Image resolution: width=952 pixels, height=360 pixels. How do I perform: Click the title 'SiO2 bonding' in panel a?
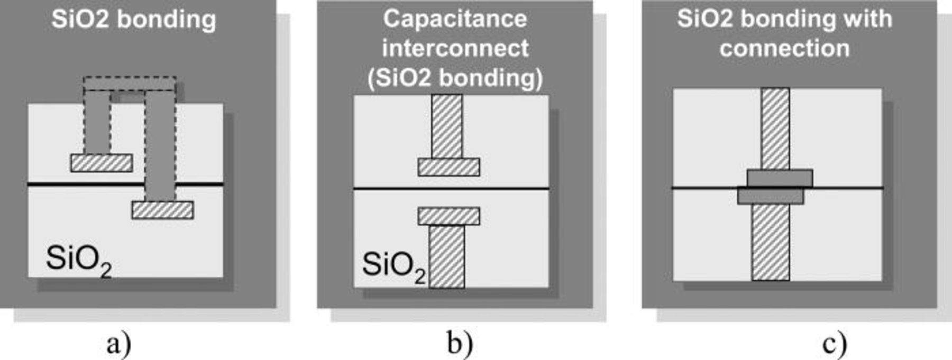pos(134,20)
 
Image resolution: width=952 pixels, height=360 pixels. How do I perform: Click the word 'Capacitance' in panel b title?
pos(455,19)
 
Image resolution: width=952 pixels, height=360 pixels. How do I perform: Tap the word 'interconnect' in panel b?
pos(455,49)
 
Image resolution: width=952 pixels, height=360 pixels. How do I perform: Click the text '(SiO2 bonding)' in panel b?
pos(455,78)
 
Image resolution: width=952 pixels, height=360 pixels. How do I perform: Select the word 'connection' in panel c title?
pos(784,49)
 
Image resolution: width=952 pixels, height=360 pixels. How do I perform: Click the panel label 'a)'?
pos(118,345)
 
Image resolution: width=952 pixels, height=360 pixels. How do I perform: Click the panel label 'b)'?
pos(460,345)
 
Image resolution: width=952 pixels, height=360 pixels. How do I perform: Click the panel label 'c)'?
pos(835,345)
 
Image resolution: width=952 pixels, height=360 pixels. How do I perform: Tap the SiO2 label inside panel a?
pos(78,260)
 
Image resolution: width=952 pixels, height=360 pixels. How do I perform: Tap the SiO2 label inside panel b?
pos(393,265)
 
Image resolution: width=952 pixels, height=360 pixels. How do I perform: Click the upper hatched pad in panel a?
pos(102,163)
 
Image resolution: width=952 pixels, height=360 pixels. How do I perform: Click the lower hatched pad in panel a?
pos(162,210)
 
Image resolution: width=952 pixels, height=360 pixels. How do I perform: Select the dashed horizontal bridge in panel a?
pos(130,84)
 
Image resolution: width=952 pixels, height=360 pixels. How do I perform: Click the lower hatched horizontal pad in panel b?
pos(448,216)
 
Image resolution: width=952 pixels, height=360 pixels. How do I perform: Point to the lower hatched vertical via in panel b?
pos(447,256)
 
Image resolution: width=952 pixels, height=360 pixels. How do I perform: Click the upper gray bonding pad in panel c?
pos(780,178)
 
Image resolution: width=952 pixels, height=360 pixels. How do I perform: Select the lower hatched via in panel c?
pos(771,242)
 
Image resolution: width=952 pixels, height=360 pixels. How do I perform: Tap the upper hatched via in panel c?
pos(775,128)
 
